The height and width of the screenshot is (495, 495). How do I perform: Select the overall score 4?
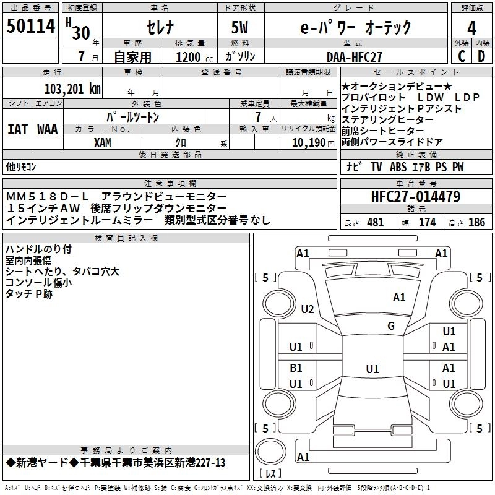(472, 28)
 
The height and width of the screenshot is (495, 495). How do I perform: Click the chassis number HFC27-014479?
(416, 197)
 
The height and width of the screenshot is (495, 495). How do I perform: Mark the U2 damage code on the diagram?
(307, 309)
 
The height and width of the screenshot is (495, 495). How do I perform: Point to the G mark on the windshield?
(391, 326)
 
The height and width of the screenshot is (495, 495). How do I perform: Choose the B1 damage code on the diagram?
(296, 368)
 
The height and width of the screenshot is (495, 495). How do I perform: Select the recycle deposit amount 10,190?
(309, 142)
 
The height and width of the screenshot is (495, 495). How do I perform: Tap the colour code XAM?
(103, 142)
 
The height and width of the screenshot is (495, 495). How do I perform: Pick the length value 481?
(375, 223)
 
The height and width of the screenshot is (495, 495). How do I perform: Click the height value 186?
(476, 223)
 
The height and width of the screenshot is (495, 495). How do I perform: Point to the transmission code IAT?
(17, 130)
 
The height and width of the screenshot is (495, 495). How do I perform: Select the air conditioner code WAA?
(47, 130)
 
